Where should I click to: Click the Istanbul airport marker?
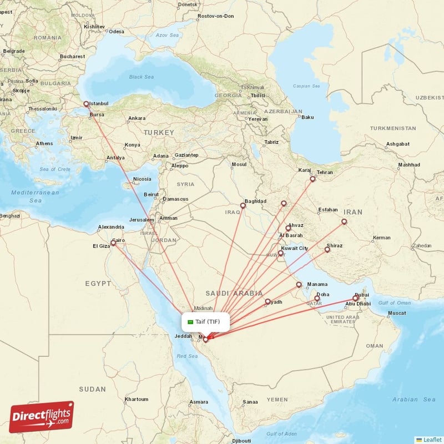click(x=86, y=104)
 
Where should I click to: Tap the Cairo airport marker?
click(x=114, y=243)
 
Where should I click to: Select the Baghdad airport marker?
click(x=243, y=205)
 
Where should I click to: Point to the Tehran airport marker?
click(x=312, y=179)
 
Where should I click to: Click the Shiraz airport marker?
click(x=327, y=250)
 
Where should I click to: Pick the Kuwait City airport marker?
click(x=281, y=253)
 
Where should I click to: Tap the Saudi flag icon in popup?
click(x=190, y=322)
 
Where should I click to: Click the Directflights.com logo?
click(x=42, y=417)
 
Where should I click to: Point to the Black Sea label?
click(x=141, y=77)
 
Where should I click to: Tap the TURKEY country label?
click(x=159, y=133)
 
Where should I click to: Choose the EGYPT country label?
click(x=98, y=284)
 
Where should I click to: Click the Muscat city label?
click(x=397, y=313)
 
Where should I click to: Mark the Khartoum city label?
click(x=137, y=399)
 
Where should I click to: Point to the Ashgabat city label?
click(x=398, y=144)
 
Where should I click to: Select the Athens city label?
click(x=44, y=144)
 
